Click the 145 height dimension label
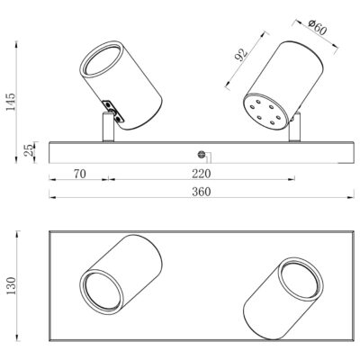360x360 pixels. click(11, 102)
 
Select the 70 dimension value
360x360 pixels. click(80, 174)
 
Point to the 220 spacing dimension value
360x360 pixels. click(202, 174)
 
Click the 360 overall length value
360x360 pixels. click(202, 192)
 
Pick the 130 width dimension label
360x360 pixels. click(12, 285)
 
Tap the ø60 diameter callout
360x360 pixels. click(317, 27)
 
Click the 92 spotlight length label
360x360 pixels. click(242, 54)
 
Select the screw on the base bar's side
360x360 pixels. click(202, 155)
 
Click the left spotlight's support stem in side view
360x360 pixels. click(108, 127)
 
